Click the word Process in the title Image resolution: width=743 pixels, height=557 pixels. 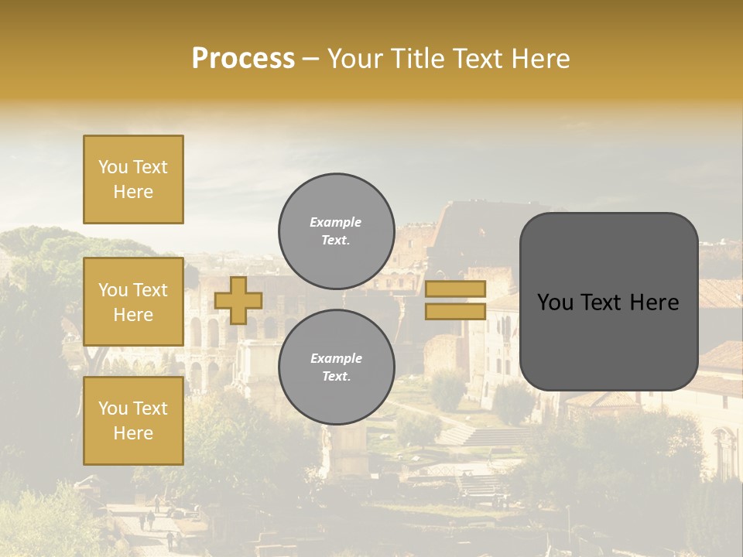coord(243,59)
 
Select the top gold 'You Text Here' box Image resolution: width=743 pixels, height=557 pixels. coord(133,179)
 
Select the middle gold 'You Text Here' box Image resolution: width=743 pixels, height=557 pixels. coord(133,302)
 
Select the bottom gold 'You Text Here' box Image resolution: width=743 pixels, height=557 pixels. coord(133,420)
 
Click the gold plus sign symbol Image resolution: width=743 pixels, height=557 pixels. coord(238,300)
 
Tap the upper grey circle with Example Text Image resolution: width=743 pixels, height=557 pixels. coord(336,231)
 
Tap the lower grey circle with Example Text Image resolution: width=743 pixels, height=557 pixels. coord(336,367)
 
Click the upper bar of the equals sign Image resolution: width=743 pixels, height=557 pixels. coord(455,289)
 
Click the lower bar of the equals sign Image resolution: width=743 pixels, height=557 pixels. coord(455,312)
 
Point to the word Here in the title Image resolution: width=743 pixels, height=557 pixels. coord(540,59)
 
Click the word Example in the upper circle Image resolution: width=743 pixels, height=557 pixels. coord(336,222)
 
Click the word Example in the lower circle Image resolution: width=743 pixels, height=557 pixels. coord(336,358)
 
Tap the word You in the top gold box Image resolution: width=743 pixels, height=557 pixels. coord(112,167)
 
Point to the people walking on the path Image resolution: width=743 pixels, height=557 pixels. coord(147,519)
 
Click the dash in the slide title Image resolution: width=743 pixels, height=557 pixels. coord(310,60)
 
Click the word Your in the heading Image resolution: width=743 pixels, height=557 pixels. coord(354,59)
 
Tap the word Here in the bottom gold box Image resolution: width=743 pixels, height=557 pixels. coord(133,433)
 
